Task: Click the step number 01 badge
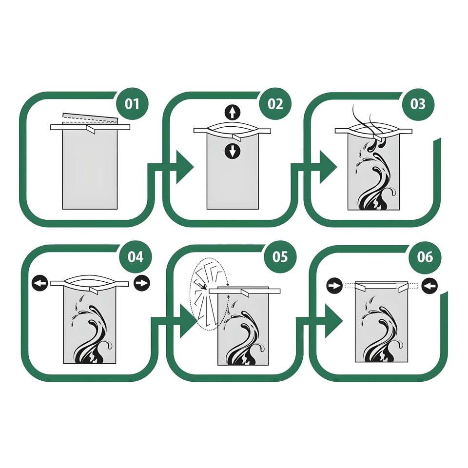[x=132, y=104]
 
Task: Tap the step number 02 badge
[x=275, y=104]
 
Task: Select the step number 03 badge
[x=418, y=104]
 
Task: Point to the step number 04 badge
[x=136, y=257]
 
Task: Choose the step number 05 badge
[x=280, y=257]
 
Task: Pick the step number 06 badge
[x=425, y=257]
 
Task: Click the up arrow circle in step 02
[x=232, y=113]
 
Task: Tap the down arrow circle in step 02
[x=232, y=151]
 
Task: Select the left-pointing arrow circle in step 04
[x=39, y=283]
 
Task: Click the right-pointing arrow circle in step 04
[x=142, y=283]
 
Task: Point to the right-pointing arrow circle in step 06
[x=334, y=286]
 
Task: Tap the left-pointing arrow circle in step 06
[x=429, y=286]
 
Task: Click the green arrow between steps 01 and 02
[x=182, y=167]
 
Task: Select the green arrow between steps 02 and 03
[x=325, y=167]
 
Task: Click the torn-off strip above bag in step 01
[x=90, y=118]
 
